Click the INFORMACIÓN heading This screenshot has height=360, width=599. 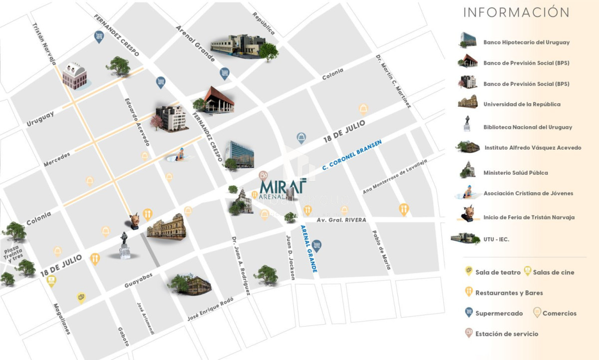[516, 12]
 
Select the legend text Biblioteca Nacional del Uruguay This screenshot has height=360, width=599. [528, 127]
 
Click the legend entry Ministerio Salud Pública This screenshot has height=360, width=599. [516, 173]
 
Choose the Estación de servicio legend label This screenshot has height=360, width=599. [507, 334]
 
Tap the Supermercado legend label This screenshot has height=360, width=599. [499, 314]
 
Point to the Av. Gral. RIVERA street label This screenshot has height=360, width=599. [342, 220]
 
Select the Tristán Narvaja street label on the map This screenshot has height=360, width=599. [44, 44]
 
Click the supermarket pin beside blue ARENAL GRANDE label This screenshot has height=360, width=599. [316, 245]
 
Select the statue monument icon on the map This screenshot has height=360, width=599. [125, 246]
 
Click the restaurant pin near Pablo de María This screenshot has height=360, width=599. [404, 209]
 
